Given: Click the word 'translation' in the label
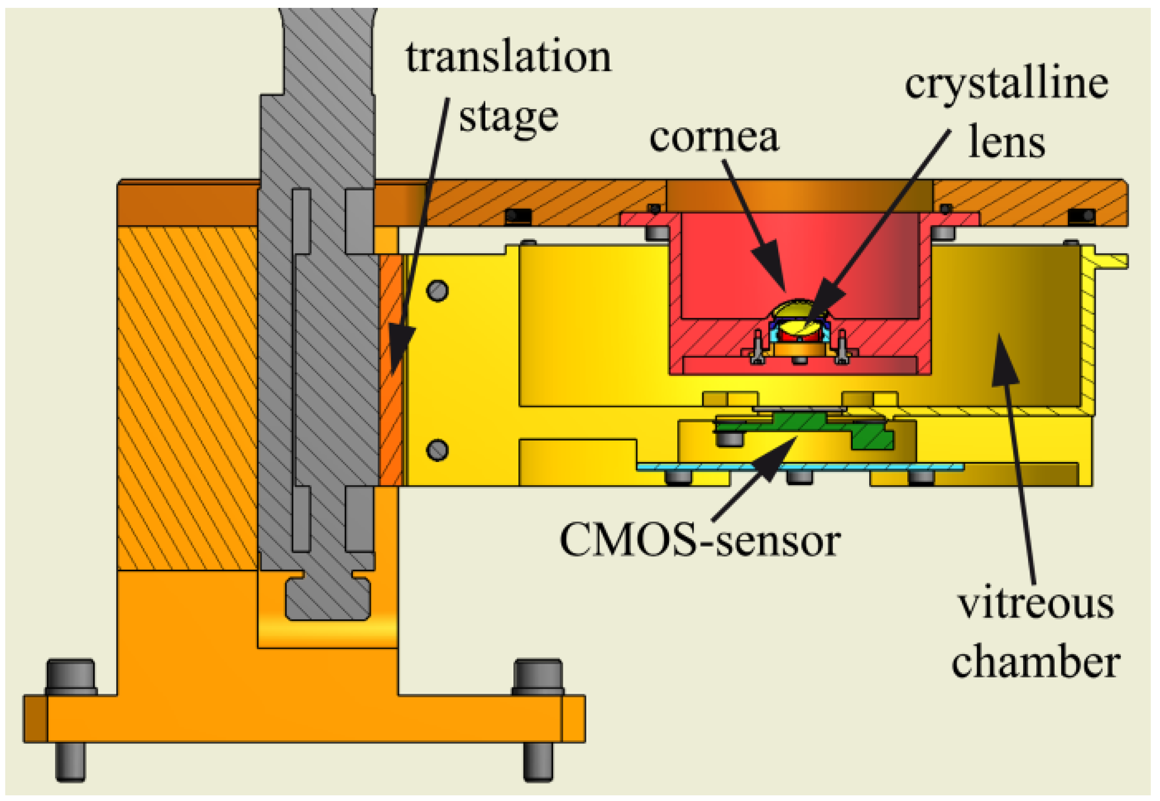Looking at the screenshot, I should click(508, 58).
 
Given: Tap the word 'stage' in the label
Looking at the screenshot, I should click(508, 119).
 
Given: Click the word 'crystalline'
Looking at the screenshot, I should click(1006, 84).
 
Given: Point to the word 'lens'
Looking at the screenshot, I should click(1006, 143).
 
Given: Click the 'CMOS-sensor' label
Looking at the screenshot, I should click(700, 542).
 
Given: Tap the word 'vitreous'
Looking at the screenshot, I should click(1036, 605).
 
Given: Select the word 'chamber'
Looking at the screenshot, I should click(1036, 664).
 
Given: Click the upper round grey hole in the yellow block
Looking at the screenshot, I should click(437, 290).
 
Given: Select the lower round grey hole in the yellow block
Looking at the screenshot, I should click(437, 450).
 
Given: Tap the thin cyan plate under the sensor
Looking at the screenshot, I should click(799, 467).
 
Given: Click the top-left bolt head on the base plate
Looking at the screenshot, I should click(71, 676).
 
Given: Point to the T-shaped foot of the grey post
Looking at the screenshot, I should click(327, 599).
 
